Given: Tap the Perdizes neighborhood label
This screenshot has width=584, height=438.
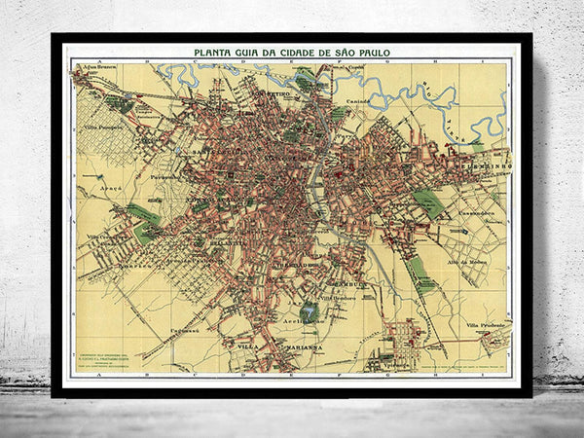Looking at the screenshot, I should click(x=168, y=178).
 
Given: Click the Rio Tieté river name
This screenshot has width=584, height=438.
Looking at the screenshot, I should click(x=436, y=88).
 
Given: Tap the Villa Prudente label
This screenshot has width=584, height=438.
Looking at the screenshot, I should click(x=484, y=326).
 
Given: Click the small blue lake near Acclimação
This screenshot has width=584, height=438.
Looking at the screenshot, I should click(x=310, y=311).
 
